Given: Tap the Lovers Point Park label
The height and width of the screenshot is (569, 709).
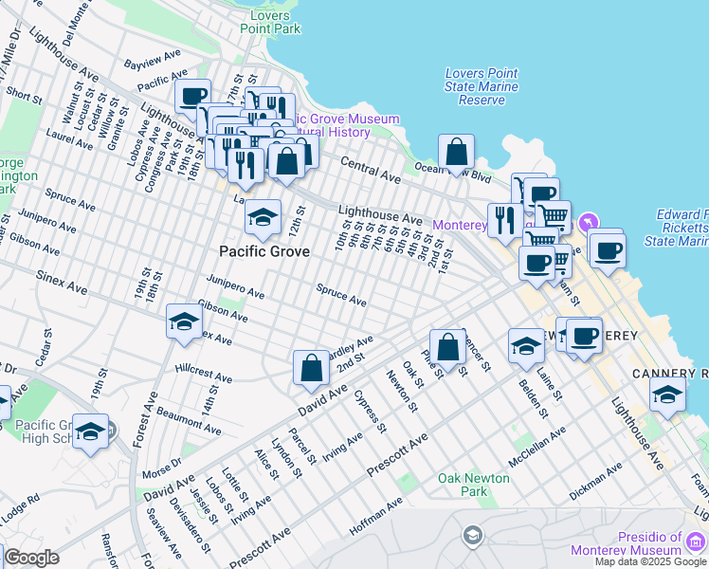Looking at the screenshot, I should click(x=270, y=22).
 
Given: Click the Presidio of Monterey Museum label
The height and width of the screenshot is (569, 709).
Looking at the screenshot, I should click(x=626, y=543).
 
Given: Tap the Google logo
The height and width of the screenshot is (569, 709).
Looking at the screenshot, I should click(x=31, y=558).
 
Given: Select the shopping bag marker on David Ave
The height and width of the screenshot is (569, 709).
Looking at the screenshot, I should click(x=311, y=368).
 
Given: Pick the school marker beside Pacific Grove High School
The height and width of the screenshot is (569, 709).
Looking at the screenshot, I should click(x=90, y=431).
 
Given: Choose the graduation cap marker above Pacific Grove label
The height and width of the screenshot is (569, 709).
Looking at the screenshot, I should click(x=263, y=218).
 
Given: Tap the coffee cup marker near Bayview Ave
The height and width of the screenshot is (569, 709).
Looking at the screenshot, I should click(x=192, y=96).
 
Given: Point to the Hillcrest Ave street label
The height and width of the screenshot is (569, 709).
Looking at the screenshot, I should click(x=203, y=372).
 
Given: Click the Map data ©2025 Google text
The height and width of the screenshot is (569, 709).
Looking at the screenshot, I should click(x=649, y=560).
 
